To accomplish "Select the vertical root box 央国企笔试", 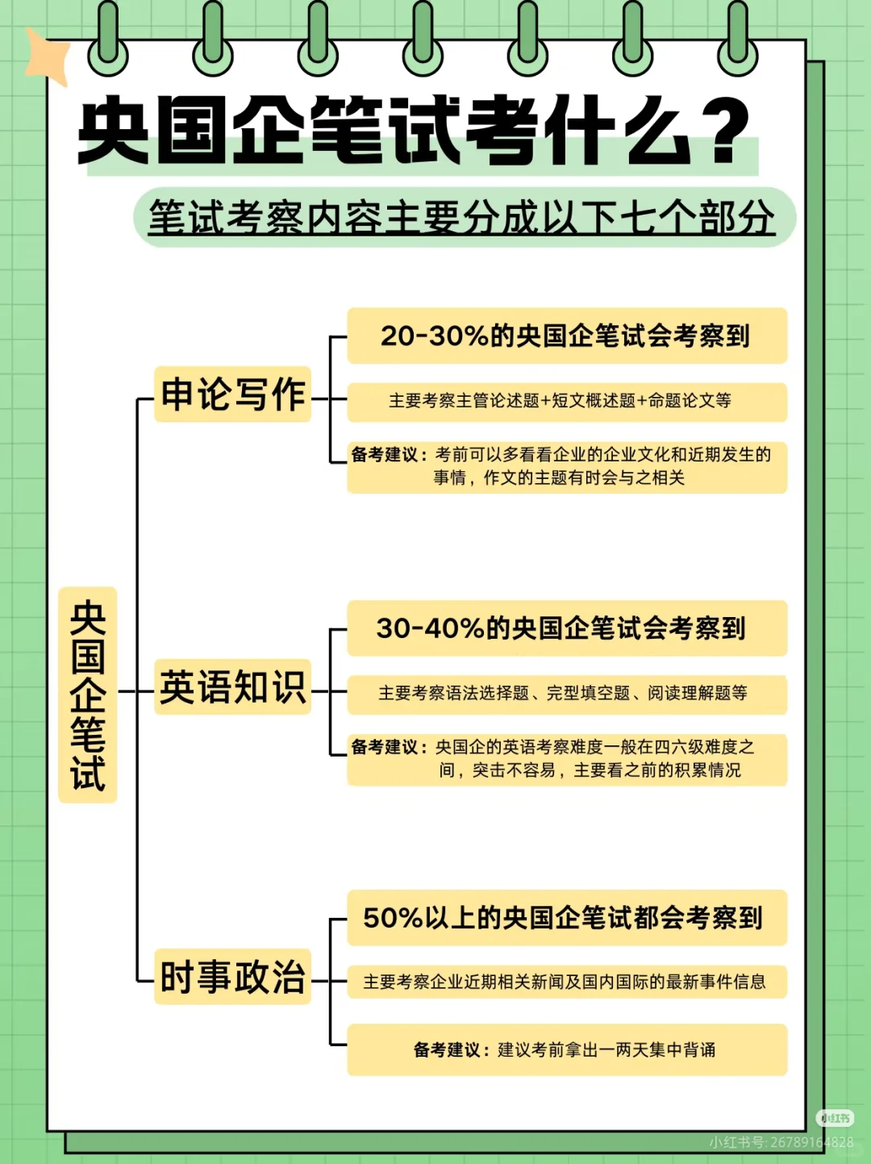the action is point(88,695).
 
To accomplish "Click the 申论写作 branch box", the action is point(232,394).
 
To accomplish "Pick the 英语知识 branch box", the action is point(232,687).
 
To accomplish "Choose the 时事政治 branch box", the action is point(232,977).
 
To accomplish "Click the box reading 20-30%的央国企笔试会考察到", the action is point(566,336).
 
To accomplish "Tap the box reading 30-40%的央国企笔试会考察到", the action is point(566,628).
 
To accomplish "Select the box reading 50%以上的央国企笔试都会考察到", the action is point(566,917).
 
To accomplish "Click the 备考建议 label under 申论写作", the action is point(385,455).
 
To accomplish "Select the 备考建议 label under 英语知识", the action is point(385,748).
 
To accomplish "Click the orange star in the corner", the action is point(47,55).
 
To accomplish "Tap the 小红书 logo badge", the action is point(835,1118).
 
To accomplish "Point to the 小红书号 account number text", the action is point(781,1142).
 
